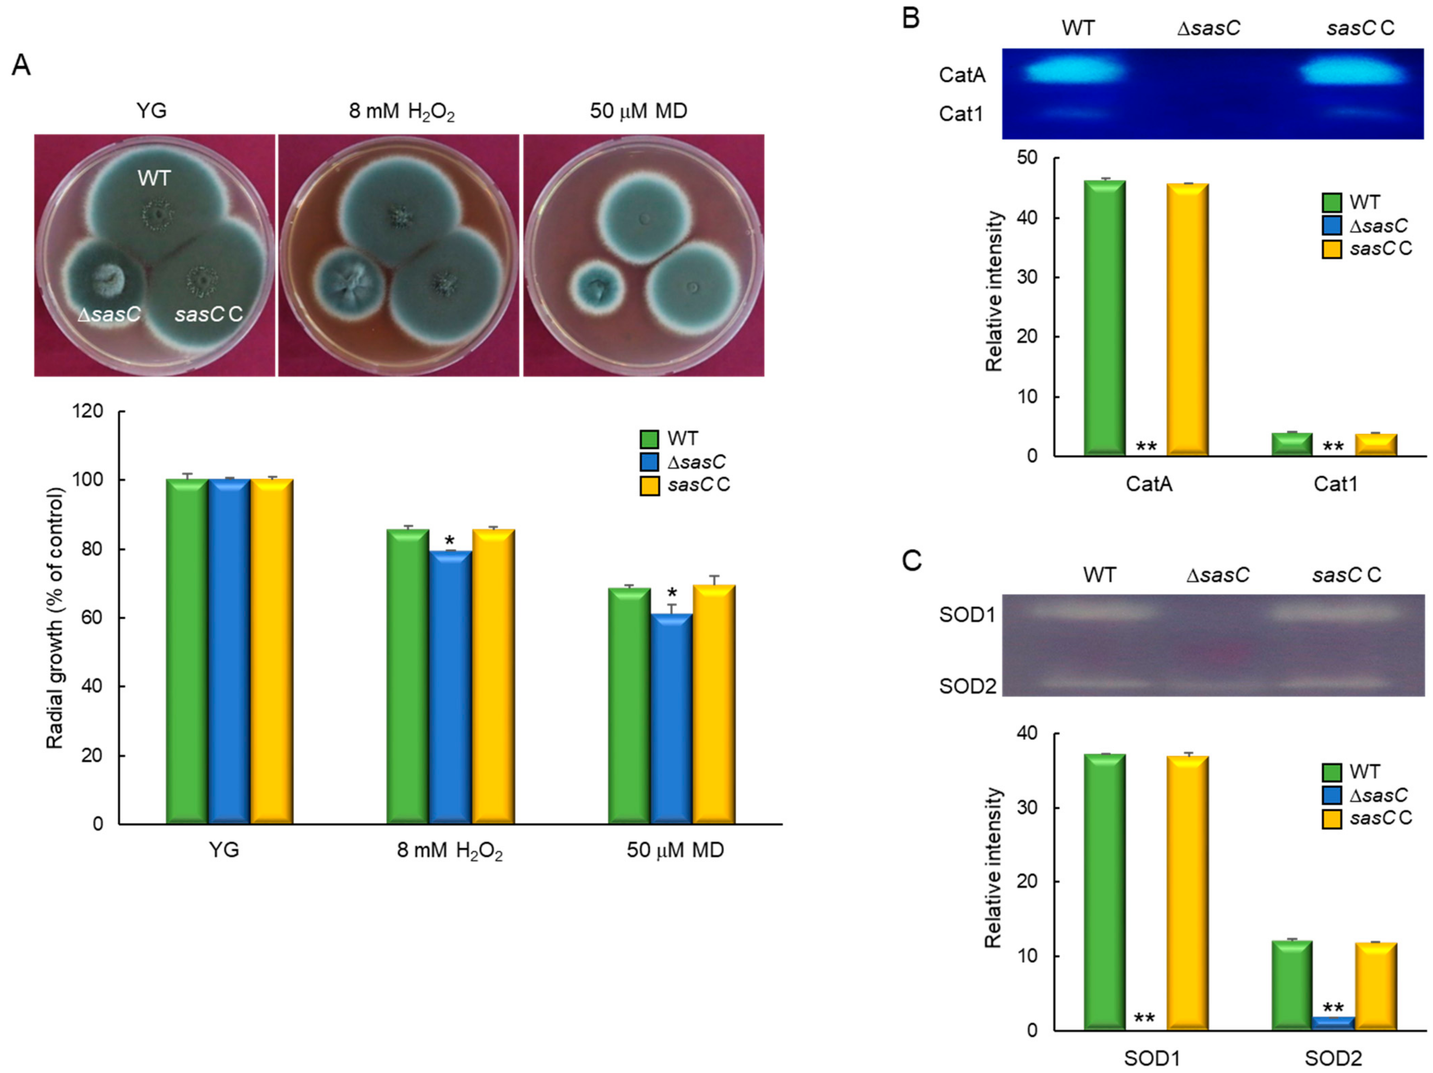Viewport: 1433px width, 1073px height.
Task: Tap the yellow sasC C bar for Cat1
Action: tap(1376, 444)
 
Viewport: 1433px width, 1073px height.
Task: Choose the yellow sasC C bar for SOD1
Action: tap(1187, 892)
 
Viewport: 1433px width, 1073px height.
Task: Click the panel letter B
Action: tap(911, 18)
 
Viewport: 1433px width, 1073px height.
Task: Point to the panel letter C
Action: tap(911, 561)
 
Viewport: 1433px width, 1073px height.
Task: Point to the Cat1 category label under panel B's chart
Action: tap(1335, 484)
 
